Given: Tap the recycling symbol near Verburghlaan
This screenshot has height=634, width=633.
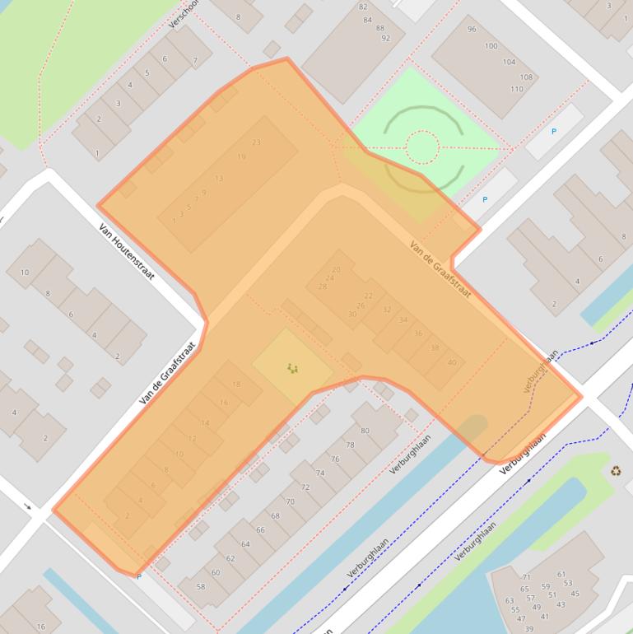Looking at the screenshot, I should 616,472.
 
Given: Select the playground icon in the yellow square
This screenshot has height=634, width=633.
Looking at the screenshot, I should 292,368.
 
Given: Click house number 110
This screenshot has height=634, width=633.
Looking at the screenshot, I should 516,89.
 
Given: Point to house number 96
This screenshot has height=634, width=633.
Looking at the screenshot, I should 471,30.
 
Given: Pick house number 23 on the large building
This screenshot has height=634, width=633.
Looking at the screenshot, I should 256,142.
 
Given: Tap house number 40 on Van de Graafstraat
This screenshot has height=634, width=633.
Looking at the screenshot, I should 451,362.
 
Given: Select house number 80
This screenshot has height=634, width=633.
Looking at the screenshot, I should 365,431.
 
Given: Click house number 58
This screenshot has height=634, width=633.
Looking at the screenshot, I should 202,586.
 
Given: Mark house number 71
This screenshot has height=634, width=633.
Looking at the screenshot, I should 526,577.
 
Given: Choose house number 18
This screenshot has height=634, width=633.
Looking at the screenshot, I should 236,385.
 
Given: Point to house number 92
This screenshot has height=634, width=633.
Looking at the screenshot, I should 385,38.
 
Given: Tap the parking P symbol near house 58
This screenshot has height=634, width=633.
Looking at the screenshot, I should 138,576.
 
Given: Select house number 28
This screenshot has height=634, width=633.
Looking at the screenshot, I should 323,287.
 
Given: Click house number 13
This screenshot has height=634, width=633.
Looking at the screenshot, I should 219,178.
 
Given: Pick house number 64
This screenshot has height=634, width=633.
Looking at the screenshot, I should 245,544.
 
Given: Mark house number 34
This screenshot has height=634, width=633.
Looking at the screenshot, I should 403,319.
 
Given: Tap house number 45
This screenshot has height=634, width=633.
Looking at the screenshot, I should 575,594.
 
